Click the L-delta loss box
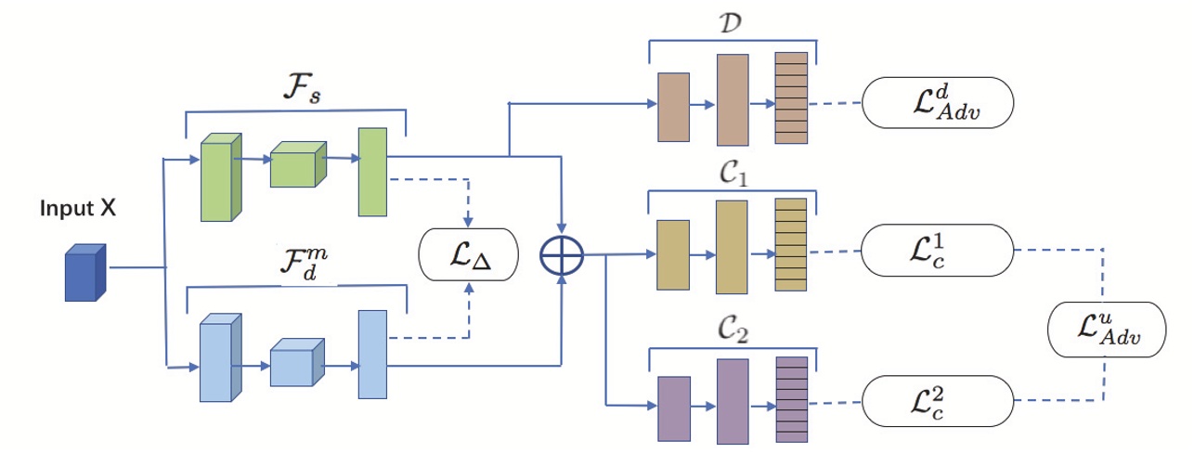tap(467, 253)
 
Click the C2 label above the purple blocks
tap(733, 328)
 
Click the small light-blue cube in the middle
tap(297, 363)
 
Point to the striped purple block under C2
tap(792, 398)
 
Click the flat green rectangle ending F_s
tap(371, 173)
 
